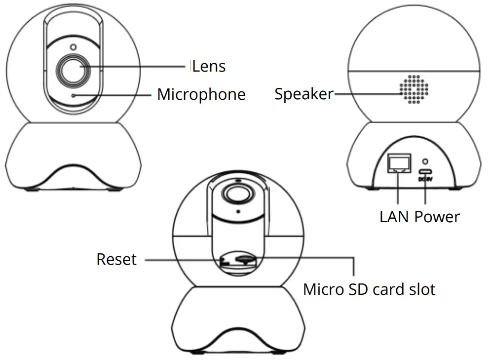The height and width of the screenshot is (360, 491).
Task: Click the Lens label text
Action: (x=209, y=66)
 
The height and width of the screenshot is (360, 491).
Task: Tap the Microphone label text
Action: (x=201, y=94)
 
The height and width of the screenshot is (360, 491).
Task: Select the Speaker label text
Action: (x=303, y=94)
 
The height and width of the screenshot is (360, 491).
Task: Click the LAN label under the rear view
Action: (x=395, y=216)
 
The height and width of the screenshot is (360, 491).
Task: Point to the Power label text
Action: (x=437, y=216)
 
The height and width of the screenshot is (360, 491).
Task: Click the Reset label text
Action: (x=116, y=259)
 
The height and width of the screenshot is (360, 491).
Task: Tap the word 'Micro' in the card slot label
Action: (x=322, y=289)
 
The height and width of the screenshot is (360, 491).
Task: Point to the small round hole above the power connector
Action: (x=425, y=161)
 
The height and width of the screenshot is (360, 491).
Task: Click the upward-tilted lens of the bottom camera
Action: (x=237, y=192)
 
